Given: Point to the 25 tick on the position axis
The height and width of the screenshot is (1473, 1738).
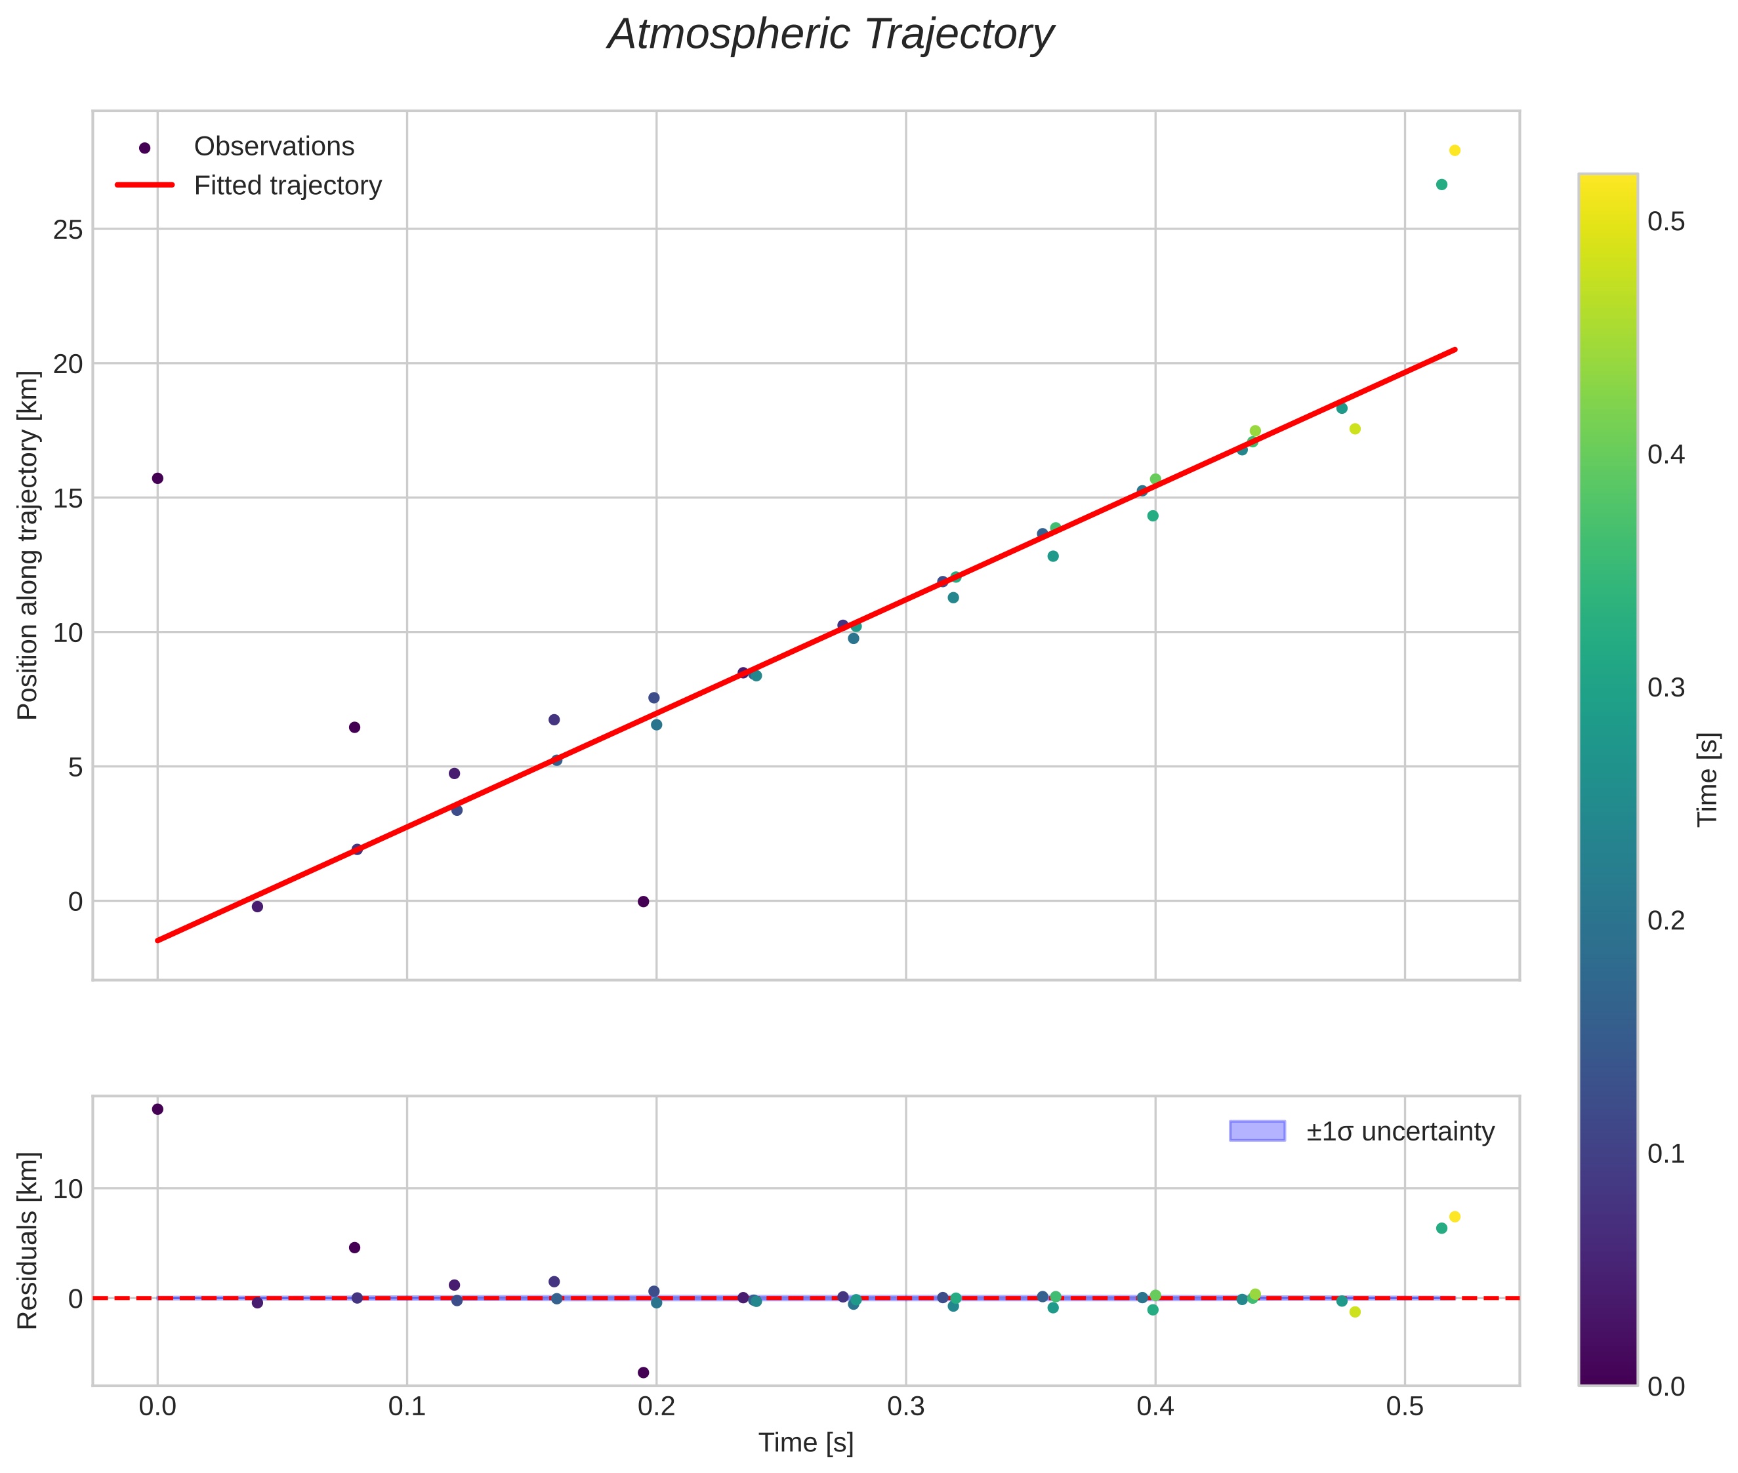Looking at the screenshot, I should (x=68, y=230).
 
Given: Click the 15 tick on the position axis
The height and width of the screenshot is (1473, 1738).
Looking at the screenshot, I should (x=68, y=498).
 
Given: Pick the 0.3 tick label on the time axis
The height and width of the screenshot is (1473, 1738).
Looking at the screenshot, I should (x=905, y=1406).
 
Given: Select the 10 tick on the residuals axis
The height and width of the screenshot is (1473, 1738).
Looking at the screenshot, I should (x=68, y=1188).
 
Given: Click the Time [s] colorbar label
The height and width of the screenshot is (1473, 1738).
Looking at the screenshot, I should (x=1708, y=780).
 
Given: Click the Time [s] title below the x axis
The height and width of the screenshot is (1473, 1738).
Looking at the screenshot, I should (x=805, y=1443).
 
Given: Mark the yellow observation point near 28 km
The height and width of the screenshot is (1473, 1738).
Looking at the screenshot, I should (x=1454, y=150).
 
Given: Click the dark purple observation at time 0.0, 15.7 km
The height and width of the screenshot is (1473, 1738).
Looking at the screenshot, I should (x=157, y=479).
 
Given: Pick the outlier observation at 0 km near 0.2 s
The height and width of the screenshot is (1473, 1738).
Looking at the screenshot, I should (x=643, y=902).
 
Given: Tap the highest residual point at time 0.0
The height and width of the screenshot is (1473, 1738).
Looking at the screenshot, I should (x=157, y=1109).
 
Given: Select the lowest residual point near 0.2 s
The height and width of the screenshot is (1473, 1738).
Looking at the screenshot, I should (x=643, y=1373).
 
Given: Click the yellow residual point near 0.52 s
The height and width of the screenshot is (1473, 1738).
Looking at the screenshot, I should (x=1454, y=1217).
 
